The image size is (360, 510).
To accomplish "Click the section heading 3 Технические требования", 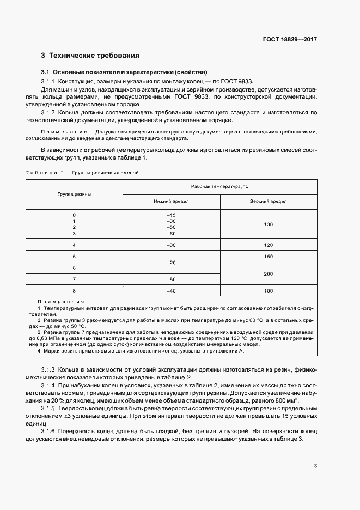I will coord(90,55).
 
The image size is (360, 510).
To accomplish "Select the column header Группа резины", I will coord(74,194).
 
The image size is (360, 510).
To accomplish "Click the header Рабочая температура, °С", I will coord(219,187).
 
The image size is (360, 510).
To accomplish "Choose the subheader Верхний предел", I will coord(268,201).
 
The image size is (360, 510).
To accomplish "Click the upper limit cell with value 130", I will coord(268,224).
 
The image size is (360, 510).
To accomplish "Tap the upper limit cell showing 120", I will coord(268,245).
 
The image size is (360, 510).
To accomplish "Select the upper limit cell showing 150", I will coord(268,256).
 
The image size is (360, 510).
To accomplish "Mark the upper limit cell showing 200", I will coord(268,274).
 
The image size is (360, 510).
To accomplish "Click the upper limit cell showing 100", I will coord(268,291).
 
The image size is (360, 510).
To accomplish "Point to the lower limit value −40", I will coord(172,291).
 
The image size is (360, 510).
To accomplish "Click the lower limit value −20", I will coord(172,262).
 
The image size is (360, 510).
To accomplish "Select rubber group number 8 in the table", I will coord(74,291).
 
